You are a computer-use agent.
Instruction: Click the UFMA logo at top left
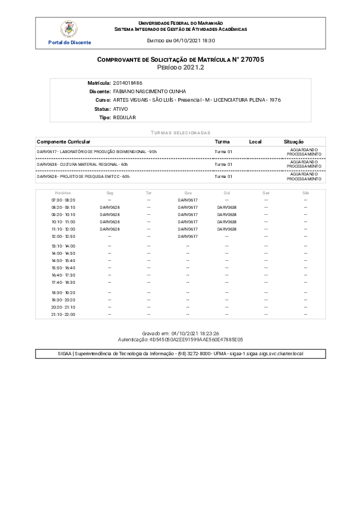point(70,28)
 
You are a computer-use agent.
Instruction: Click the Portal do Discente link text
point(70,42)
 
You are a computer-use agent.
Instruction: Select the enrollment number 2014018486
point(128,82)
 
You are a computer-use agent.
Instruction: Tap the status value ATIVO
point(120,108)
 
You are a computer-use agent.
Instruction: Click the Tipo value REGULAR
point(125,117)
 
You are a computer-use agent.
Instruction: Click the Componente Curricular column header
point(64,142)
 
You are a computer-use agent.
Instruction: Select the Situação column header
point(294,142)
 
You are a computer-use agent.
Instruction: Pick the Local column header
point(255,142)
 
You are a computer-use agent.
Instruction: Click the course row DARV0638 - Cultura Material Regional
point(82,164)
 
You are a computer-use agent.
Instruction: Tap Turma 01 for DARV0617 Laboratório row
point(224,151)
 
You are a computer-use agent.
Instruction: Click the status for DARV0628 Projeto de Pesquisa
point(304,177)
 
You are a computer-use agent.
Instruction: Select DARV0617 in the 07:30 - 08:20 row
point(188,200)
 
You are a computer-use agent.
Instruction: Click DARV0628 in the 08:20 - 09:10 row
point(110,207)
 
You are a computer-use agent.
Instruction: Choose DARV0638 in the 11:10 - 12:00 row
point(226,229)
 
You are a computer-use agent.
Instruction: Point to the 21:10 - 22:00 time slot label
point(63,315)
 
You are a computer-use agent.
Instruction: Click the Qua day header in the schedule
point(188,192)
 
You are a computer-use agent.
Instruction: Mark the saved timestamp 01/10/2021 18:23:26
point(195,333)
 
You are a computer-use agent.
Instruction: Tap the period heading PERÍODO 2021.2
point(180,68)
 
